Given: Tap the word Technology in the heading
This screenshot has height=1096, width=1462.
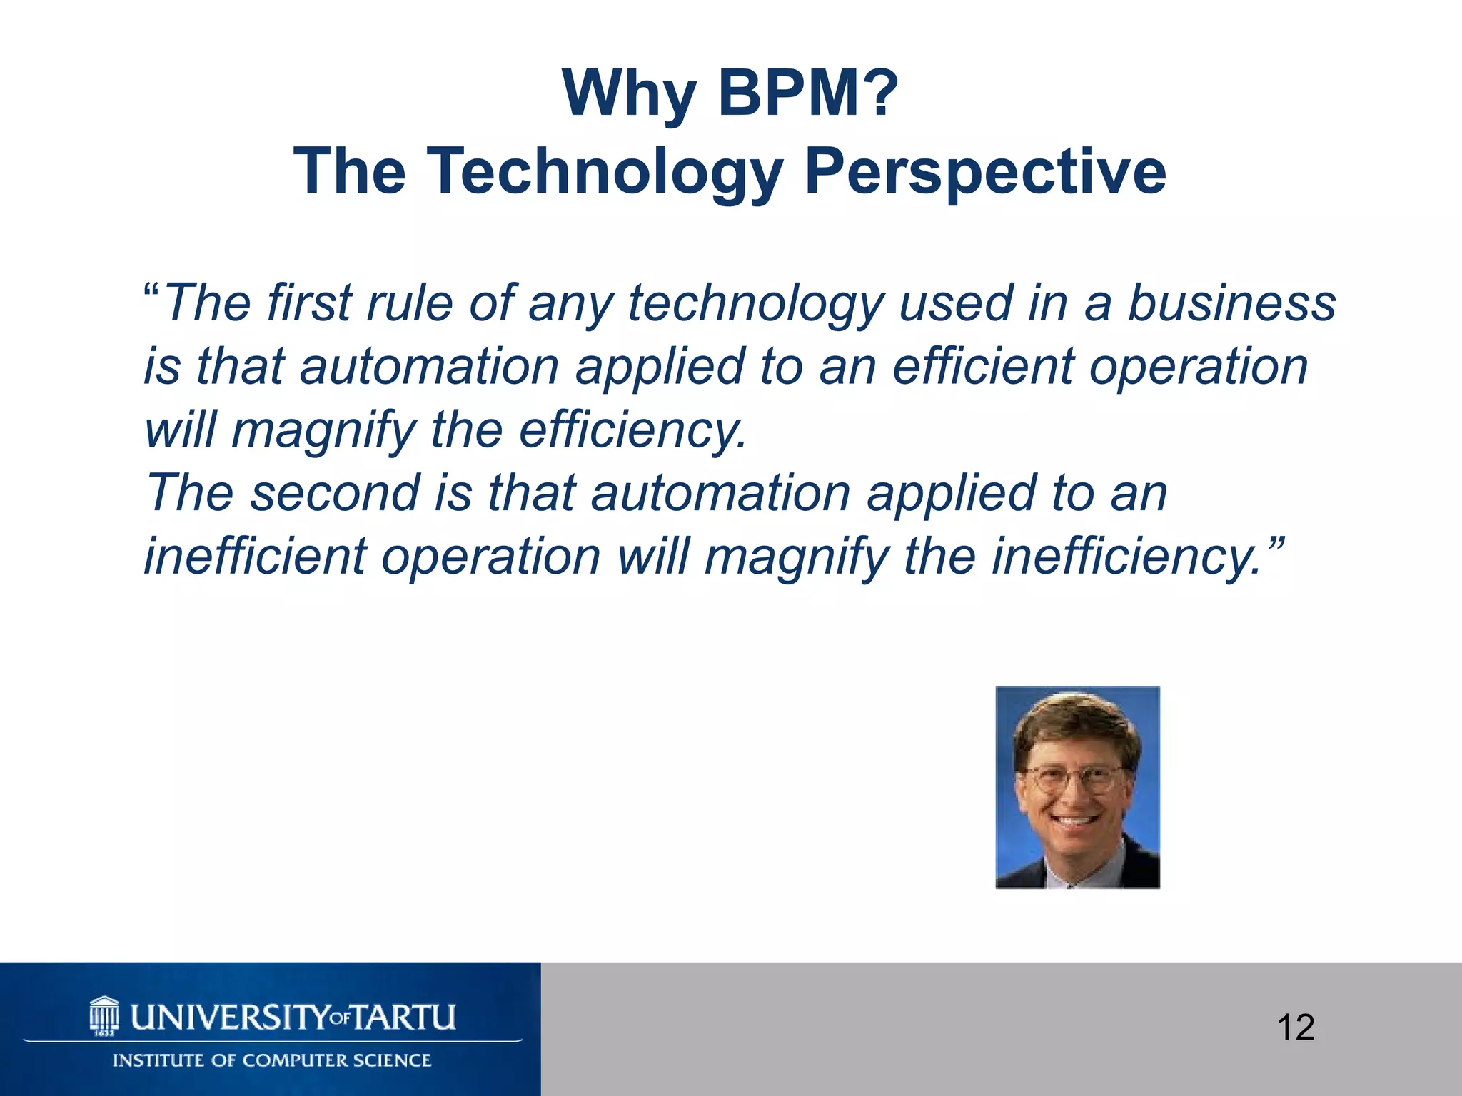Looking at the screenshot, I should [x=604, y=171].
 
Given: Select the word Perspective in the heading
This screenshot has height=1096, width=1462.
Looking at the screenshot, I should [x=985, y=171].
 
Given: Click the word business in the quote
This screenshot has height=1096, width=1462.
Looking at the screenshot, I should [x=1231, y=303].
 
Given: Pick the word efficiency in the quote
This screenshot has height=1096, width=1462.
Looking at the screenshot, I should [x=632, y=430].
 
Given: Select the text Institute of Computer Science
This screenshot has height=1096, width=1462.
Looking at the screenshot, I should [x=272, y=1060].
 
